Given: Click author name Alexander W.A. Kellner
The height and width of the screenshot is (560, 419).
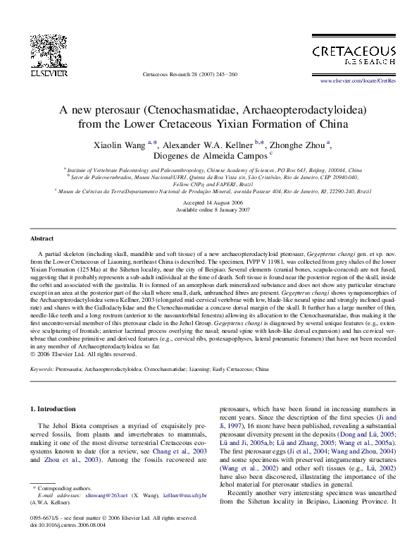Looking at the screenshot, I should coord(207,145).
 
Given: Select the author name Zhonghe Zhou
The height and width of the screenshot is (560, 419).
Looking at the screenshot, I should coord(299,145).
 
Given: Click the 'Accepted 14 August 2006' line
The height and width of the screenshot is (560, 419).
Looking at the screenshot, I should coord(209,202).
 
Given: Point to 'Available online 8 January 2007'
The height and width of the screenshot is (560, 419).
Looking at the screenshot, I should coord(209,210).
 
